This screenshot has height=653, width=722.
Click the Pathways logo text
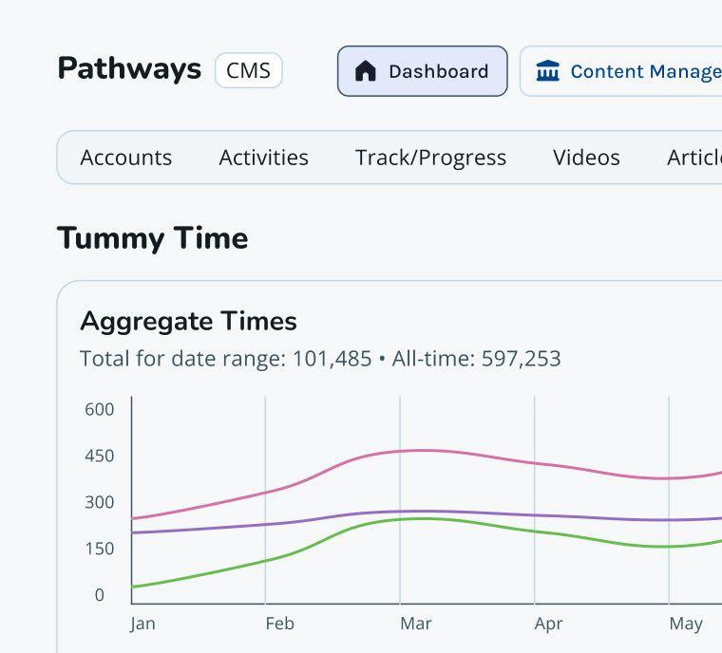(x=129, y=69)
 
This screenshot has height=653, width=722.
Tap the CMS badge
(x=249, y=71)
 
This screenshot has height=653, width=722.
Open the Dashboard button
(x=423, y=71)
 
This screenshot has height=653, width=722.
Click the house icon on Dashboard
(x=366, y=71)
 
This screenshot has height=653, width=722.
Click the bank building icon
(x=548, y=71)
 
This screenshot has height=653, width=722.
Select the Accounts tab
(x=126, y=158)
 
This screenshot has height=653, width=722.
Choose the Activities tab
(x=264, y=158)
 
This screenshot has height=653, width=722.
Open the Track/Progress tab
(x=430, y=158)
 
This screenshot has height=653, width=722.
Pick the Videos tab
(x=586, y=158)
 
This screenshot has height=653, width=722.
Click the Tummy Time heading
(x=152, y=238)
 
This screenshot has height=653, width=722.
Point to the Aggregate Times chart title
(x=188, y=321)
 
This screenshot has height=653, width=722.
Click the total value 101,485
(x=332, y=359)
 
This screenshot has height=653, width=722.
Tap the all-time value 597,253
(x=521, y=359)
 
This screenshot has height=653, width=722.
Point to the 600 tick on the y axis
(x=99, y=410)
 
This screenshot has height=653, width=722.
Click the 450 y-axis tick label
(x=99, y=457)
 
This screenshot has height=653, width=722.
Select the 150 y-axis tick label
(x=99, y=549)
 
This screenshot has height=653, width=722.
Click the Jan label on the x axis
(x=142, y=624)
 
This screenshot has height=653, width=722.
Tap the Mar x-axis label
(x=416, y=624)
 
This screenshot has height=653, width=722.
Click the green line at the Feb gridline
(x=265, y=560)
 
